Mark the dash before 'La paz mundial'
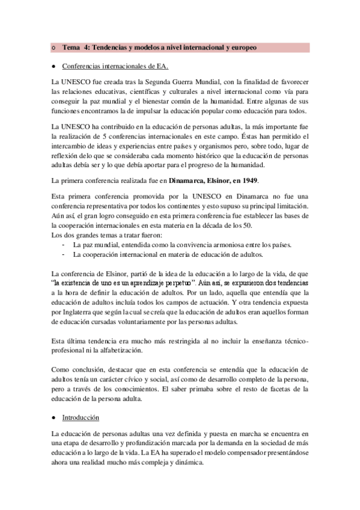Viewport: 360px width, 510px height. (x=63, y=245)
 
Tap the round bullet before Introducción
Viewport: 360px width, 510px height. (x=55, y=417)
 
